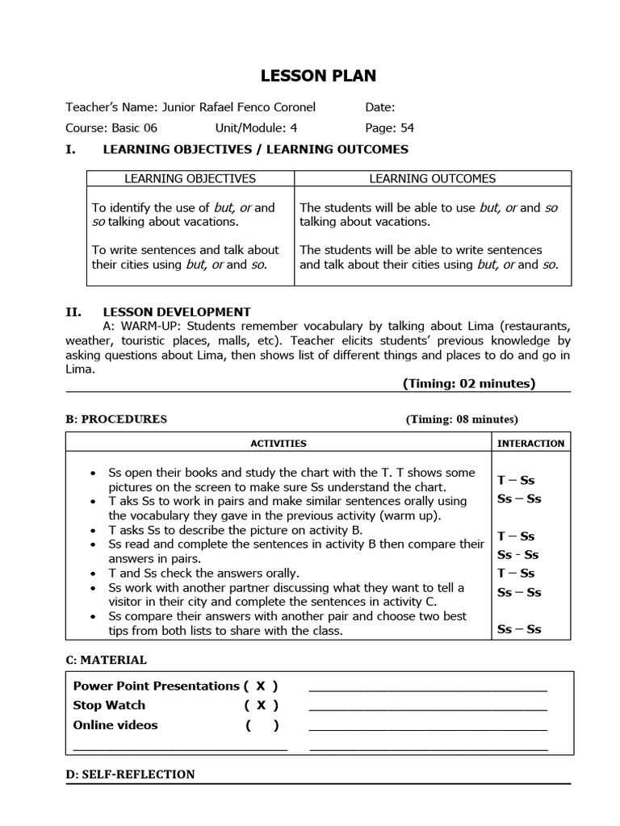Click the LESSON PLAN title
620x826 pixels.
[x=317, y=76]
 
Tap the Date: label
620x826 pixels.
[x=379, y=107]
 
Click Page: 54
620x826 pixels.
[x=390, y=127]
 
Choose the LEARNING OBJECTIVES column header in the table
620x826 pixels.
[x=191, y=178]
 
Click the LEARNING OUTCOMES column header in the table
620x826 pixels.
[x=433, y=178]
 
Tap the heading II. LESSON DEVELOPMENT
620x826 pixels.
[x=158, y=312]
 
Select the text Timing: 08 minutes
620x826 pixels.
[x=462, y=419]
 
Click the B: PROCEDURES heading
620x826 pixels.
[x=116, y=419]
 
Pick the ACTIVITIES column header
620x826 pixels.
[x=279, y=443]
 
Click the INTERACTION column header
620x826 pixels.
[x=530, y=443]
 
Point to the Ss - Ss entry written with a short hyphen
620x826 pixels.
[x=518, y=555]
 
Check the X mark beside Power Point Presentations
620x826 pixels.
[x=261, y=686]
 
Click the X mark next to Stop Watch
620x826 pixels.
[x=261, y=705]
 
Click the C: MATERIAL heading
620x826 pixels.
[x=106, y=660]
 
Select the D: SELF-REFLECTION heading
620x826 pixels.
[x=130, y=774]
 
